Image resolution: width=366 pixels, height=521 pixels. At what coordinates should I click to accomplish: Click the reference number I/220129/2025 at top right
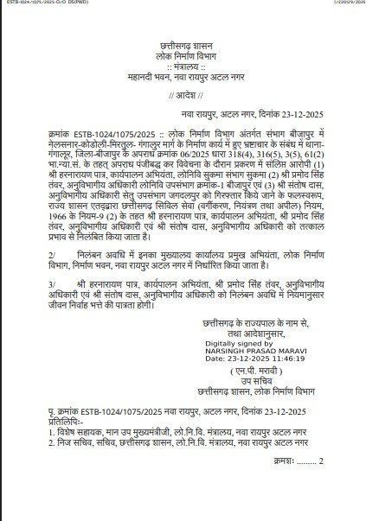coord(339,5)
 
